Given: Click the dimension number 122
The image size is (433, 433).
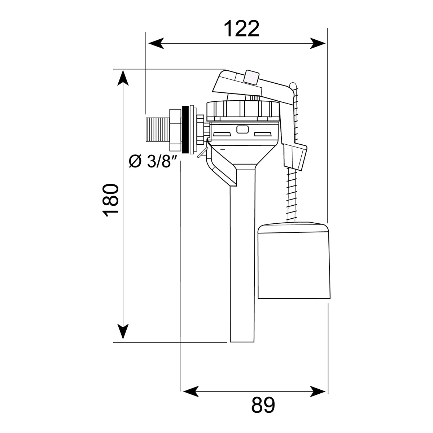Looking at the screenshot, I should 241,29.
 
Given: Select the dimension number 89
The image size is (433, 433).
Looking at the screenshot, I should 263,405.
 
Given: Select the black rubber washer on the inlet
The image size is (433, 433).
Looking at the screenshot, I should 185,129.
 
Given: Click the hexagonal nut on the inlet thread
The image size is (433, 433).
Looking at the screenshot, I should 175,129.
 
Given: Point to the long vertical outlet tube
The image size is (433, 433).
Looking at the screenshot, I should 242,260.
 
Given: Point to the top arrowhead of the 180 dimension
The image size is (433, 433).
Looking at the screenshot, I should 123,78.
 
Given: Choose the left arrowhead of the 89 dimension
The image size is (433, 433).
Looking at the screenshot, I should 190,391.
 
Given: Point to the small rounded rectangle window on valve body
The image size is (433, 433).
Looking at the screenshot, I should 241,129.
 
